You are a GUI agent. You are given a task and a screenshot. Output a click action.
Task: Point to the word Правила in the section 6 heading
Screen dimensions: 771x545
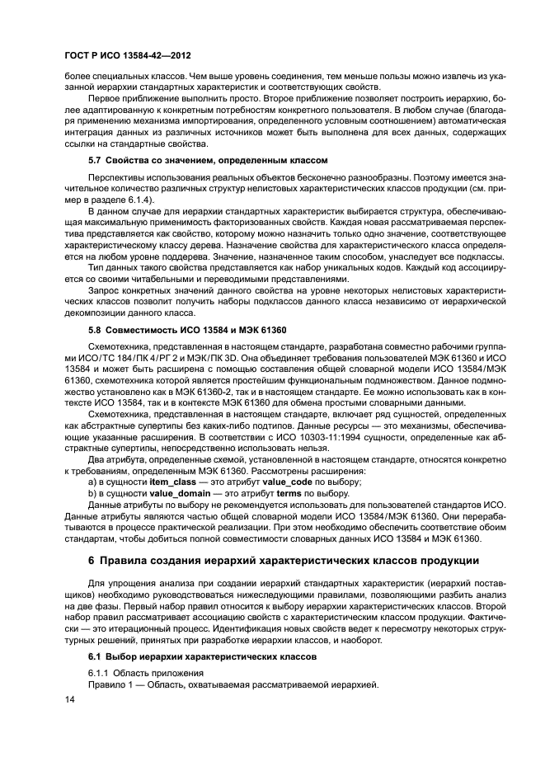(x=128, y=562)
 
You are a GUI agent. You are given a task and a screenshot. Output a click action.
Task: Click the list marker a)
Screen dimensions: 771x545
(x=93, y=480)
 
